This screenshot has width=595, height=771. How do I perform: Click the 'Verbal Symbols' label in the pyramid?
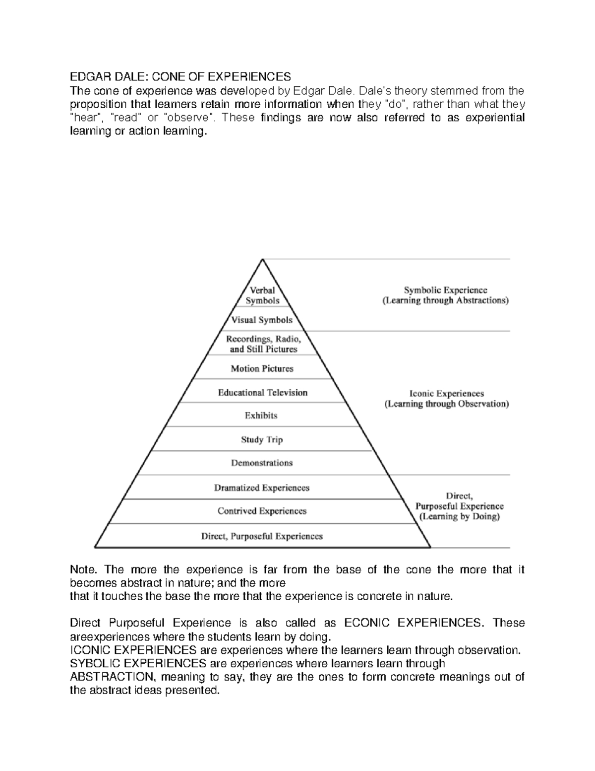262,295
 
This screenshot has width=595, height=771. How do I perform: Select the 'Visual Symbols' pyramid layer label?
262,320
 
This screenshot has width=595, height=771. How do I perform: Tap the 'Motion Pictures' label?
262,368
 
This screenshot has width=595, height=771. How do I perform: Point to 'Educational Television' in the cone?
262,392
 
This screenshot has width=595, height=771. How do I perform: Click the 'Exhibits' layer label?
261,416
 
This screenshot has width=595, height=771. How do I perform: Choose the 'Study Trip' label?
261,439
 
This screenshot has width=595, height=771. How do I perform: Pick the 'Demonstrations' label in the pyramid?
262,463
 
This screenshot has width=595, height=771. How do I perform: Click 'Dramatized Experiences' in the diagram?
262,488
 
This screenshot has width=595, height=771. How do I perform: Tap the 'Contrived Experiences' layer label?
262,511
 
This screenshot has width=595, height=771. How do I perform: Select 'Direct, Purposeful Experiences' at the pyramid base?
262,536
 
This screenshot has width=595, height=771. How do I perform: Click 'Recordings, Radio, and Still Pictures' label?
263,344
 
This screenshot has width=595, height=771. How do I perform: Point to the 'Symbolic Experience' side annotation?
445,290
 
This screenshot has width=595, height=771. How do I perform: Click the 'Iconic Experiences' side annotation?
447,393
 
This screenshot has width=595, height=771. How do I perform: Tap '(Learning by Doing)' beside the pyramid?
459,516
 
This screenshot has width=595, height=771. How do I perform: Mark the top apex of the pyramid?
262,259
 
